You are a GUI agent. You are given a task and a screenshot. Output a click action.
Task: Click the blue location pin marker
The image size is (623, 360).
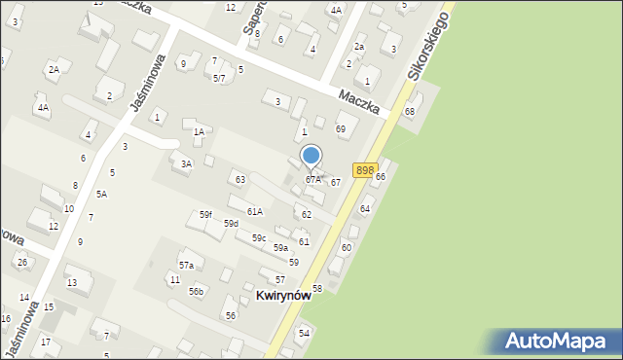click(x=311, y=157)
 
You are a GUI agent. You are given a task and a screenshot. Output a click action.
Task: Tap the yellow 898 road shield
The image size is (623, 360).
click(x=364, y=170)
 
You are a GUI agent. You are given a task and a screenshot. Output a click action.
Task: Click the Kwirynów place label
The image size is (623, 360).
click(x=283, y=295)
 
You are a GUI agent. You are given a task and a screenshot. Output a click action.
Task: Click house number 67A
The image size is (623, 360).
click(x=312, y=179)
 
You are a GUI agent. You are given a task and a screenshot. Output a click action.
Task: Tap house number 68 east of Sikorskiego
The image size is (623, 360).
click(x=410, y=112)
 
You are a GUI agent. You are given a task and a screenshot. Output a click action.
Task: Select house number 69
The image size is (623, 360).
click(x=341, y=128)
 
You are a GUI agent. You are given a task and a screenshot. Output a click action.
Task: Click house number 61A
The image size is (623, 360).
click(x=254, y=211)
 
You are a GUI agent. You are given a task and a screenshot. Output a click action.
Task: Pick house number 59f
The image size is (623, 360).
click(x=205, y=215)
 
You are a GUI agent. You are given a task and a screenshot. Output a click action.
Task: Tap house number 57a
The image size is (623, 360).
click(x=185, y=265)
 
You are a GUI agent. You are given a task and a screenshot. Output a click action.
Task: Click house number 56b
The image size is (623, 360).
click(x=197, y=291)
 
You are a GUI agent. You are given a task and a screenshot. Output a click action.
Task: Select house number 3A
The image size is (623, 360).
click(x=186, y=164)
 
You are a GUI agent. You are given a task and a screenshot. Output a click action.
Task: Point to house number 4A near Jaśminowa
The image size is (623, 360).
click(x=43, y=108)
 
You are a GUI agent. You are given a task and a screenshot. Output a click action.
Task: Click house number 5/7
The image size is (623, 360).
click(x=219, y=78)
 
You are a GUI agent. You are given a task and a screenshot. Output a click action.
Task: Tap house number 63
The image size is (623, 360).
click(x=239, y=179)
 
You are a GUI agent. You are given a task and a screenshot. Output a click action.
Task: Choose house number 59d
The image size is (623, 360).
click(x=231, y=224)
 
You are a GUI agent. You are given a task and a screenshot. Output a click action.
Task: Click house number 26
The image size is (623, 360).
click(x=21, y=263)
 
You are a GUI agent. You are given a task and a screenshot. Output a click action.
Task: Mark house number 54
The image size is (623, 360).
click(x=304, y=333)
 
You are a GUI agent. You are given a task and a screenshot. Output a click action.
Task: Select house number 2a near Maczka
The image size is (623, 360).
click(x=358, y=47)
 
